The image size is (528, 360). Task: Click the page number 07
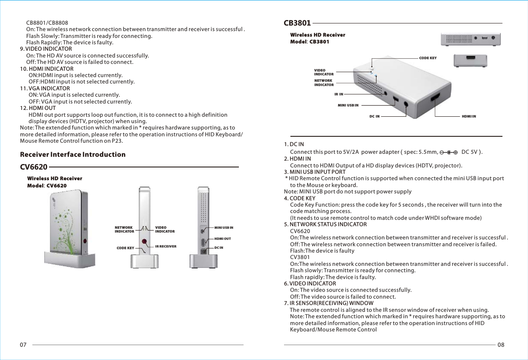point(23,344)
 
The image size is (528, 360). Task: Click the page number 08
point(501,344)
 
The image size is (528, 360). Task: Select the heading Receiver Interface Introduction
point(73,154)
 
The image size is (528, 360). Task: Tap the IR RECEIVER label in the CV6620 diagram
point(166,246)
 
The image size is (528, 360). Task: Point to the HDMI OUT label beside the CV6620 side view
point(223,239)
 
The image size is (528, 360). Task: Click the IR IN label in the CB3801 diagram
point(339,94)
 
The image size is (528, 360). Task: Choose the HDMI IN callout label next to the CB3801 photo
point(469,116)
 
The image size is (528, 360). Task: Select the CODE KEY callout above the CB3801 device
point(428,58)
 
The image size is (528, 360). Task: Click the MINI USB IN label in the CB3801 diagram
point(348,105)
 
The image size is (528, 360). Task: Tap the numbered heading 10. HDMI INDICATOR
point(47,69)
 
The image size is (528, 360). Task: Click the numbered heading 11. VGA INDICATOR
point(45,89)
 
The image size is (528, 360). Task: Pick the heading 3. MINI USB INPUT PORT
point(315,172)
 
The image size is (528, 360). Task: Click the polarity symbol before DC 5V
point(448,152)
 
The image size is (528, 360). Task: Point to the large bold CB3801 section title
point(297,23)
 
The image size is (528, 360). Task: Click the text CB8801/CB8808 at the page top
point(47,23)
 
